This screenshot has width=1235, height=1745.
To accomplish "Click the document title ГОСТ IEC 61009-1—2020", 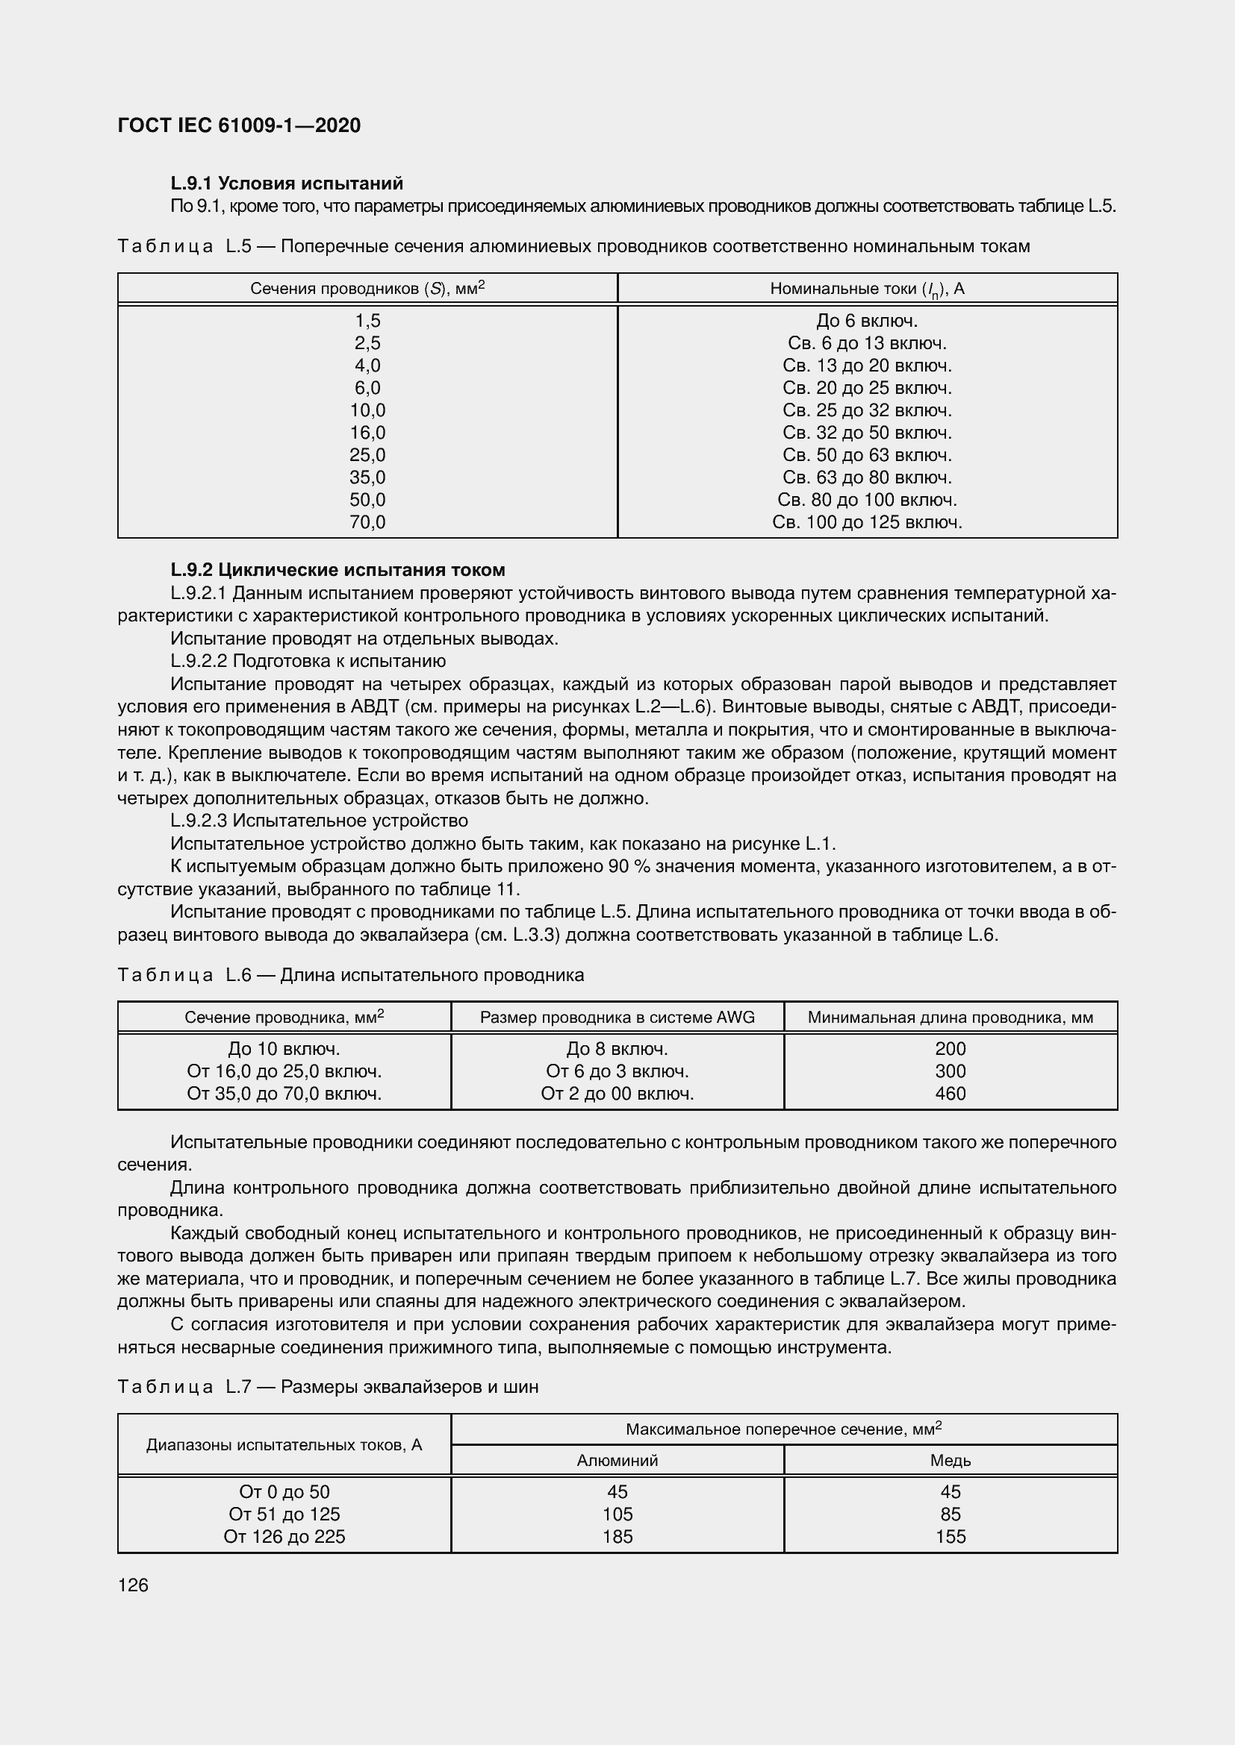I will point(239,125).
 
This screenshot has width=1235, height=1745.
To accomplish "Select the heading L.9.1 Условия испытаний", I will point(287,184).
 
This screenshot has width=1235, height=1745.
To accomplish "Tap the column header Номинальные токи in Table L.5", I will point(867,289).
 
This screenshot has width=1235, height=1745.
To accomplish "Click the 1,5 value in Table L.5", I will point(367,321).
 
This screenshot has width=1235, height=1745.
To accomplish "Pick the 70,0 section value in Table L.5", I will point(367,522).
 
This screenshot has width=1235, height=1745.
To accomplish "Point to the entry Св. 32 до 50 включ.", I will point(867,433).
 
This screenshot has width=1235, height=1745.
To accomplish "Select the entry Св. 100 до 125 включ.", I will point(867,522).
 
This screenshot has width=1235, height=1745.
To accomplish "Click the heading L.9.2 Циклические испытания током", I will point(337,570).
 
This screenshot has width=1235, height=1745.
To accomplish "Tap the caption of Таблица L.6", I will point(351,975).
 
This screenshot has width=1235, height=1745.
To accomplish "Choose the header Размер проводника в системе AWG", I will point(617,1017).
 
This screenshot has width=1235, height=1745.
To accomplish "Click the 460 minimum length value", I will point(950,1094).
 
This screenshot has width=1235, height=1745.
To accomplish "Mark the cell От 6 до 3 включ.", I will point(617,1071).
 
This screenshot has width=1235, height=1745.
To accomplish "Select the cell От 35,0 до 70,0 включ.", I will point(284,1094).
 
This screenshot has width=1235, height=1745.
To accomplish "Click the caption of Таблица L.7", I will point(328,1387).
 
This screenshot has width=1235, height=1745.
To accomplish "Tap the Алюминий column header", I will point(617,1460).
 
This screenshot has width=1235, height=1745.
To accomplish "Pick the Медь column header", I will point(950,1460).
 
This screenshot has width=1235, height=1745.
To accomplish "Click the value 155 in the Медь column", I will point(950,1536).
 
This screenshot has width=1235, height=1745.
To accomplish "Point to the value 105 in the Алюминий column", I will point(617,1514).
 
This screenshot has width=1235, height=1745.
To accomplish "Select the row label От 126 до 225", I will point(284,1536).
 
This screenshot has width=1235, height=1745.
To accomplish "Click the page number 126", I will point(133,1585).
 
